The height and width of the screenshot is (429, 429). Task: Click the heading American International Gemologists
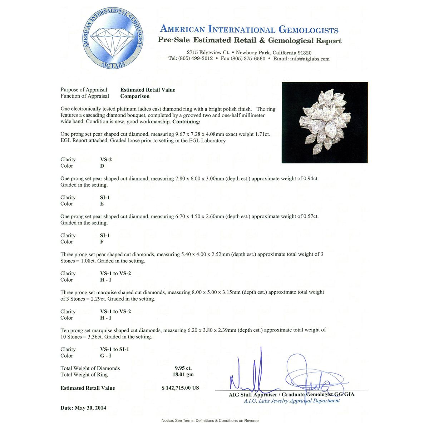(x=249, y=29)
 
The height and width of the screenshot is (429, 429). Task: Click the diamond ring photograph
(x=325, y=123)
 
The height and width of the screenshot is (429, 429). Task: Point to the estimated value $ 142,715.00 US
(x=180, y=388)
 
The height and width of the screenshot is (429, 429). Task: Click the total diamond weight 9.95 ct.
(x=183, y=368)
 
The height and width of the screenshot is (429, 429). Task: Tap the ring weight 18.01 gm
(x=183, y=375)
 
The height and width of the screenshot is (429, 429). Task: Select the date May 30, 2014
(x=90, y=408)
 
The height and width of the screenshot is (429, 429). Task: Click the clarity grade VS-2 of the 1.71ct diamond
(x=106, y=159)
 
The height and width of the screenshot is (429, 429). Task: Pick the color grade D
(x=102, y=166)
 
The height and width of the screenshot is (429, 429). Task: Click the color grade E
(x=102, y=204)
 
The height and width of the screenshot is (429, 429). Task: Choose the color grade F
(x=102, y=242)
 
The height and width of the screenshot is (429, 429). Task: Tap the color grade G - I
(x=105, y=356)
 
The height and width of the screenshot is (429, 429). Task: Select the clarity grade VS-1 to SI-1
(x=114, y=349)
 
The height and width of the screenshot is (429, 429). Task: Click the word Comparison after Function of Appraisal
(x=135, y=96)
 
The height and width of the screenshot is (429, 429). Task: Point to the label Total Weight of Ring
(x=84, y=375)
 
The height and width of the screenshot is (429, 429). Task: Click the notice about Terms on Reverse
(x=210, y=420)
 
